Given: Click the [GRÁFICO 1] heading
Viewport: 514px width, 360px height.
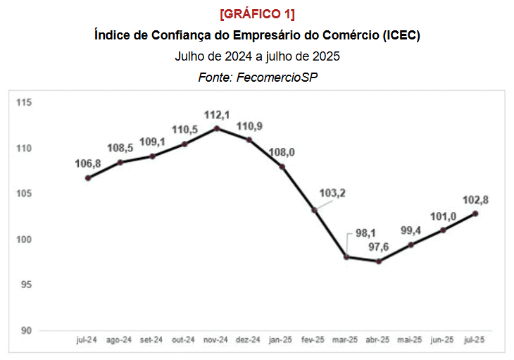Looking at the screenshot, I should (x=257, y=15).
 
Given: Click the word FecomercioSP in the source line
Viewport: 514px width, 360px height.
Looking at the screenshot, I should (x=277, y=77).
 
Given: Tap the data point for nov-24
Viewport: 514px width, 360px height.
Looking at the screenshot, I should (x=217, y=128).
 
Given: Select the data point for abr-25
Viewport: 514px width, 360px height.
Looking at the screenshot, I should (x=379, y=261).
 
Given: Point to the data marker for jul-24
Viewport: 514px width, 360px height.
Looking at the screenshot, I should (x=88, y=178).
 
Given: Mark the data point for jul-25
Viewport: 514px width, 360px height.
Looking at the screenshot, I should (x=476, y=213).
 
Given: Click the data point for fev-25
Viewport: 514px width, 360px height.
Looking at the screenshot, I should (x=315, y=210).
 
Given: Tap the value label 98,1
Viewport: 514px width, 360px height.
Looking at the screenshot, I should (x=363, y=230).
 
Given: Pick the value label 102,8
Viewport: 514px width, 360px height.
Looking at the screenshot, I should (x=475, y=200).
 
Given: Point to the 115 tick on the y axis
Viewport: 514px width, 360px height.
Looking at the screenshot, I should (x=25, y=103).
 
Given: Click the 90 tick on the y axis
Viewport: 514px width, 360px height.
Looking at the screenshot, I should (x=27, y=330).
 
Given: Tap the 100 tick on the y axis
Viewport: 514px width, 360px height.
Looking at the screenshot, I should (x=25, y=240).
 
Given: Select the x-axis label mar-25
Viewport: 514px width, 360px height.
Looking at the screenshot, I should (x=345, y=340).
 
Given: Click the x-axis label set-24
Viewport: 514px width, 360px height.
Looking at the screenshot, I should (x=151, y=340).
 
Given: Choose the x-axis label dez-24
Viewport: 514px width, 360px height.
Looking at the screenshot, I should (x=249, y=340).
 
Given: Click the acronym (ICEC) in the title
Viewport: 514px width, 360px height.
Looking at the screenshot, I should (x=402, y=35).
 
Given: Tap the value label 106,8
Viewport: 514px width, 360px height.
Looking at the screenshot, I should (x=88, y=164).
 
